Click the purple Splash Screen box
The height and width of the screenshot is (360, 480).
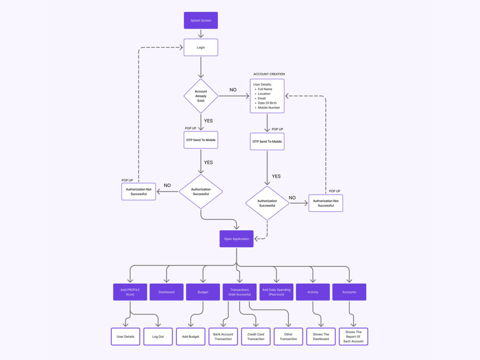pos(201,21)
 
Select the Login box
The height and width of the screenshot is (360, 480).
pos(201,48)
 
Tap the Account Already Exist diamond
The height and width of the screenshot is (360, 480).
pos(201,96)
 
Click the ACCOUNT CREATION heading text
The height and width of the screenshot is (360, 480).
pos(269,74)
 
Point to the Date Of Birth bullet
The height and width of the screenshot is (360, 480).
pos(267,103)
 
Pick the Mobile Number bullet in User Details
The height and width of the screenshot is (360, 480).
pos(268,108)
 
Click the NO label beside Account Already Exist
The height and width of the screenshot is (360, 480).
pos(233,90)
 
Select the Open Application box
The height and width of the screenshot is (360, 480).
pos(236,239)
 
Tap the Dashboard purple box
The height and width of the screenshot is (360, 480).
pos(167,292)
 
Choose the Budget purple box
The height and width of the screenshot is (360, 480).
pos(203,292)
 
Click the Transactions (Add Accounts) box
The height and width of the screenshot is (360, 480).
pos(240,292)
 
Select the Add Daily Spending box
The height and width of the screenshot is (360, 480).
pos(276,292)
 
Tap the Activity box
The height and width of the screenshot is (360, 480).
pos(313,292)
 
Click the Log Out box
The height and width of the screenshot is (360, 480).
pos(158,336)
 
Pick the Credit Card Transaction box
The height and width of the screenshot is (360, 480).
pos(256,336)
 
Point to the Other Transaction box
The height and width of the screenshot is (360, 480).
pos(288,336)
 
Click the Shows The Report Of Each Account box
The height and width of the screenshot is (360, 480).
pos(354,336)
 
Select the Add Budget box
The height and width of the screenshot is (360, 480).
pos(191,336)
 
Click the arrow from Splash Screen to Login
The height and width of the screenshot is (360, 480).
pos(201,34)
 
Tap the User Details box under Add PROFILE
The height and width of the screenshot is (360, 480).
pos(125,336)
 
